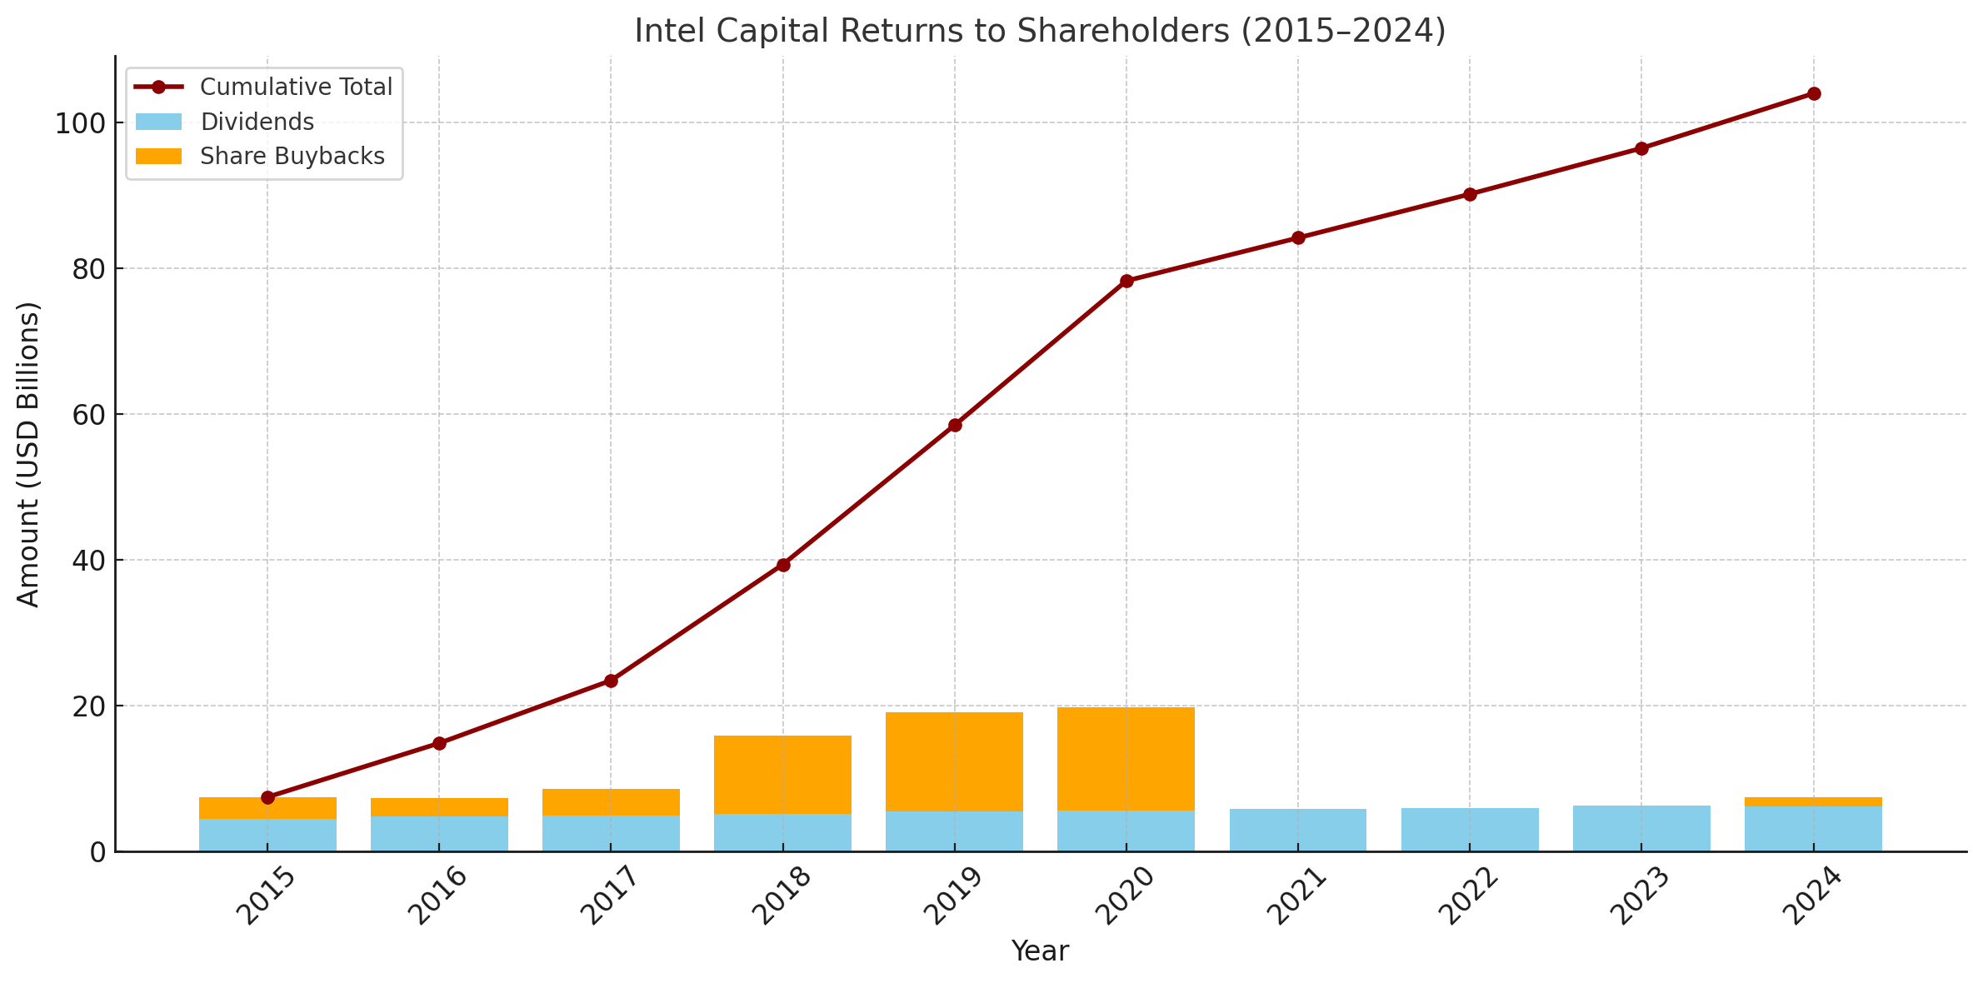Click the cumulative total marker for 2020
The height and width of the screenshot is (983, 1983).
pyautogui.click(x=1126, y=281)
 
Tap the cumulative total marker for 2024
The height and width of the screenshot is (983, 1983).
pyautogui.click(x=1814, y=93)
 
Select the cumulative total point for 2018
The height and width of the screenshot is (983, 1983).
pyautogui.click(x=783, y=565)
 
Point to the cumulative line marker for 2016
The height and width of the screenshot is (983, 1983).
pyautogui.click(x=439, y=743)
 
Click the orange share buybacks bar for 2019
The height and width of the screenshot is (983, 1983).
pyautogui.click(x=955, y=761)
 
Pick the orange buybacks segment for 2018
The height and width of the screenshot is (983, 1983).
pyautogui.click(x=783, y=775)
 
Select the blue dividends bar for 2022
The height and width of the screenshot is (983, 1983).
pyautogui.click(x=1470, y=830)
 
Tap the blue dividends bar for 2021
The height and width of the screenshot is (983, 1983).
pyautogui.click(x=1298, y=830)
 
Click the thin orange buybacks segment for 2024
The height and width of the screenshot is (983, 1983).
pyautogui.click(x=1814, y=801)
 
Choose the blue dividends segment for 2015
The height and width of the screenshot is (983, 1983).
pyautogui.click(x=267, y=835)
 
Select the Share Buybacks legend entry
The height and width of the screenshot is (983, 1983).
pyautogui.click(x=259, y=157)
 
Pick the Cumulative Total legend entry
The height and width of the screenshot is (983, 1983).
pyautogui.click(x=263, y=87)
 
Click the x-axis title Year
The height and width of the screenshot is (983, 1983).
pyautogui.click(x=1040, y=951)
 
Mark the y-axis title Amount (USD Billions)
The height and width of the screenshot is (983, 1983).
pyautogui.click(x=28, y=454)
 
